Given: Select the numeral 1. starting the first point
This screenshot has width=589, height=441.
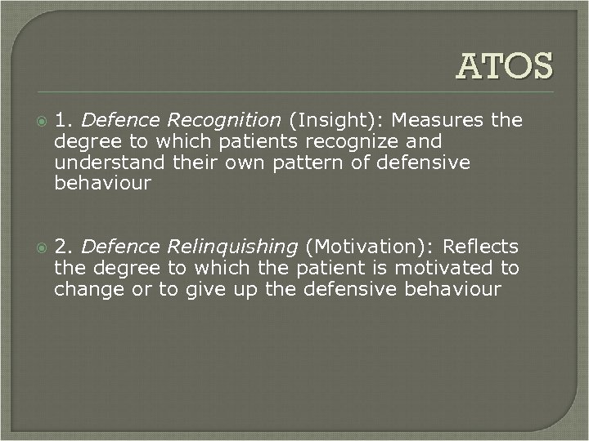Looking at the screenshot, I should [x=65, y=121].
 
